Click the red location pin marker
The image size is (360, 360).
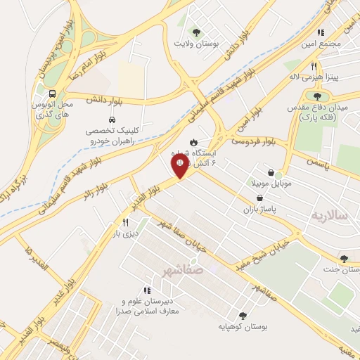tap(179, 166)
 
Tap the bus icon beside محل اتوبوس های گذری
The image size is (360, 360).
tap(52, 94)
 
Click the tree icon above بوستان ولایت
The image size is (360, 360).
tap(197, 32)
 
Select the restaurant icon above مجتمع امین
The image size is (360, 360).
tap(321, 32)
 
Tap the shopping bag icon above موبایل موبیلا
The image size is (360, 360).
tap(271, 172)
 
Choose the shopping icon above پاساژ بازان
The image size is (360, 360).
tap(260, 198)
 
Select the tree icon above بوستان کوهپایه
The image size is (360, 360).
tap(243, 316)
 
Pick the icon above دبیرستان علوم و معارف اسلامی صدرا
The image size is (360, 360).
tap(147, 290)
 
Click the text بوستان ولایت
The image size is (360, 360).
tap(198, 43)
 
